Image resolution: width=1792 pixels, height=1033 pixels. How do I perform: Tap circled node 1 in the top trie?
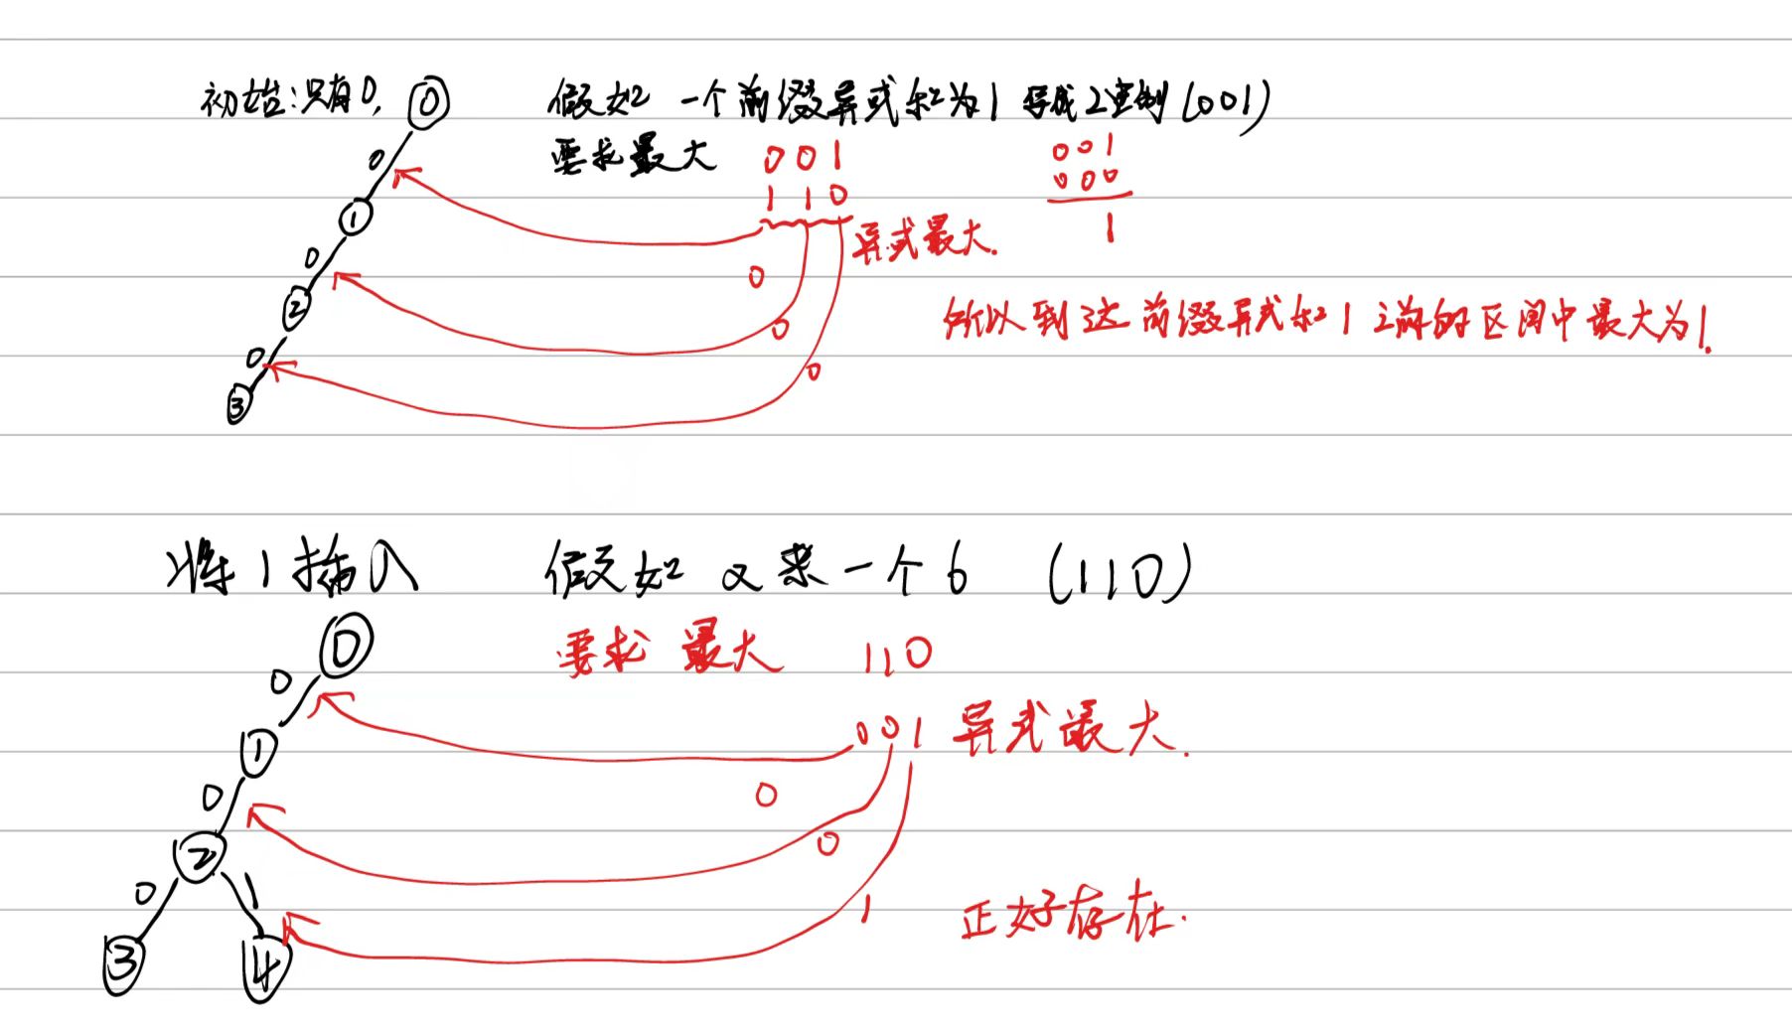[x=356, y=218]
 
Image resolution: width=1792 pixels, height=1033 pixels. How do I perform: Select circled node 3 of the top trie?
[x=238, y=405]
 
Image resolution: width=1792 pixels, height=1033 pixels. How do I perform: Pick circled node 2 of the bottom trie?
[x=200, y=856]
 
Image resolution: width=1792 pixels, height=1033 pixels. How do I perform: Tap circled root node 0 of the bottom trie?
[x=346, y=647]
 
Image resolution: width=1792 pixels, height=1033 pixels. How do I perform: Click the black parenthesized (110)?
[x=1118, y=575]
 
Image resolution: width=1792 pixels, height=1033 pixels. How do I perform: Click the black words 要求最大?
[x=633, y=157]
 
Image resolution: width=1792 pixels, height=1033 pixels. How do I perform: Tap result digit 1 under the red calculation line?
[x=1109, y=230]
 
